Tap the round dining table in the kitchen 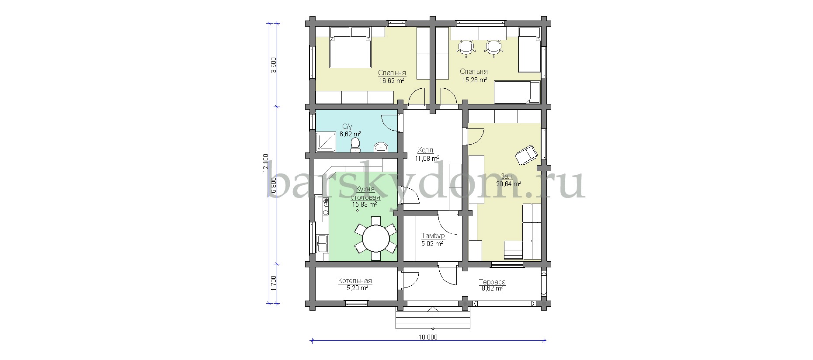point(376,239)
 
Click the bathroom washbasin point(381,147)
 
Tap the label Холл point(426,149)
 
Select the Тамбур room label point(433,236)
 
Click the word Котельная point(355,281)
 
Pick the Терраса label point(492,282)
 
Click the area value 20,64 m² point(508,184)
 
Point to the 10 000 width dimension point(428,337)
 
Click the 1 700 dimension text point(274,283)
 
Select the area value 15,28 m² point(475,80)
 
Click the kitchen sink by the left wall point(323,244)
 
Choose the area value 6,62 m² point(350,134)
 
